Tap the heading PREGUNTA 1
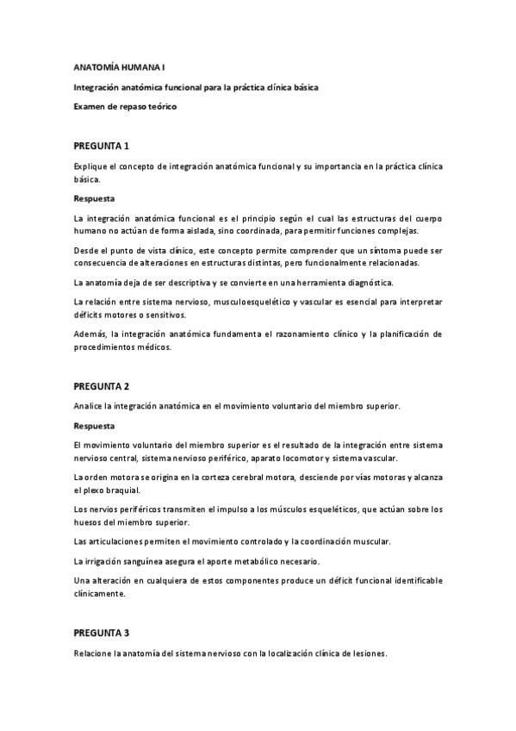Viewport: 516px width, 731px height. pos(101,146)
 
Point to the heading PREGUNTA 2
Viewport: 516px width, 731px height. pos(101,386)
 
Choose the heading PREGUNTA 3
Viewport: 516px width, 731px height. pos(101,633)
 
